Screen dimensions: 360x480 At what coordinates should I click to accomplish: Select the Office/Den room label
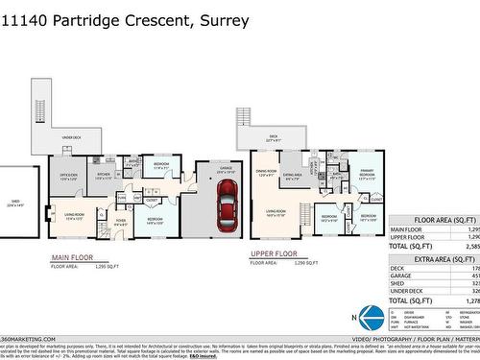(x=69, y=176)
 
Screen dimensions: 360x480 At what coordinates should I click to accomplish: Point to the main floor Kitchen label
(x=104, y=176)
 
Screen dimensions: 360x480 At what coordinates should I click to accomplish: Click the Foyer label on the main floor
(x=121, y=223)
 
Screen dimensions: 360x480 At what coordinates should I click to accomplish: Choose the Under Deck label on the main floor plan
(x=71, y=138)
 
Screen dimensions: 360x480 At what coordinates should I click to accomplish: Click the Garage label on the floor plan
(x=227, y=169)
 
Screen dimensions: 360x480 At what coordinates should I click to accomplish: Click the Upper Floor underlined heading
(x=272, y=255)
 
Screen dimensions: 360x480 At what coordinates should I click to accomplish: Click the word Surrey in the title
(x=227, y=19)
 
